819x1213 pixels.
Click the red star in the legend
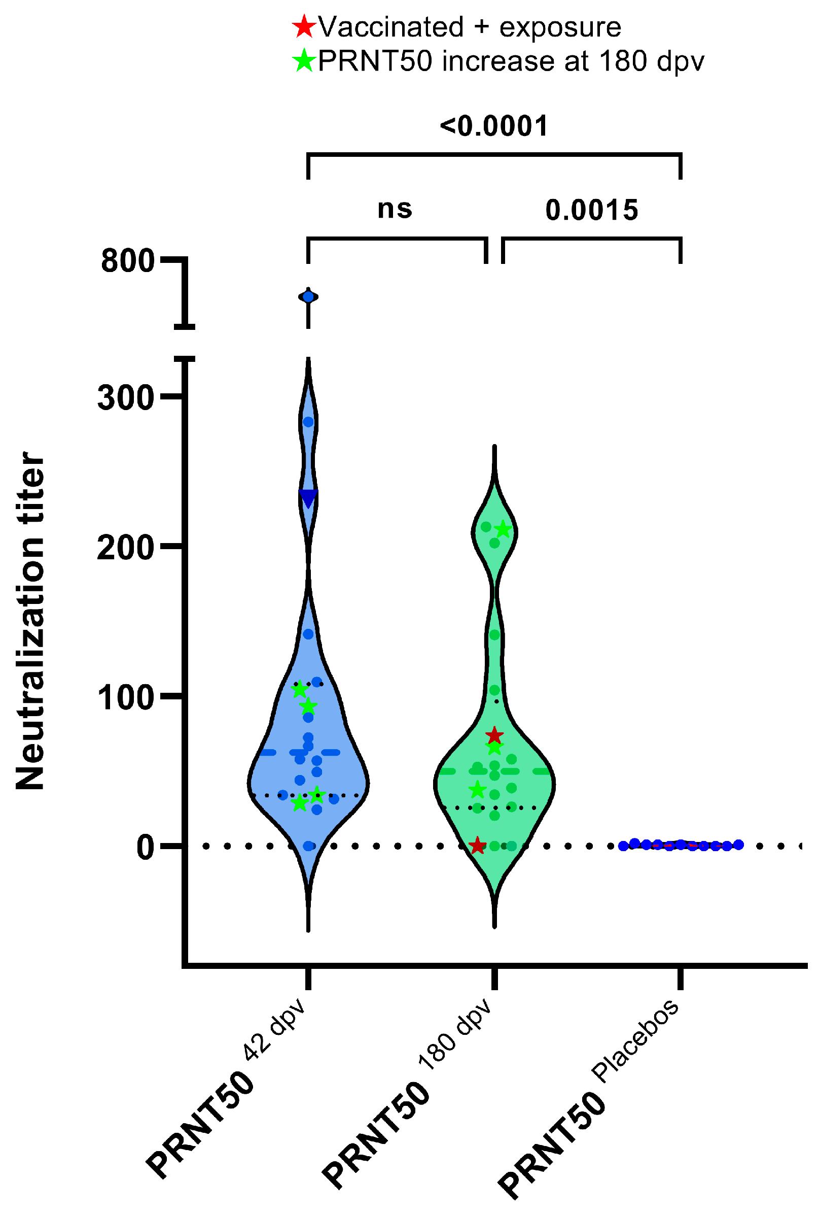pos(304,26)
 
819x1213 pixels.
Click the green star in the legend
pos(304,60)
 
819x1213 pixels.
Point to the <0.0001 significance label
pos(493,126)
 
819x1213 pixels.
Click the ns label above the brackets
pos(395,209)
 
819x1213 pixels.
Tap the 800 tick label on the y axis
pos(128,260)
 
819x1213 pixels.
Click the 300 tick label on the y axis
pos(126,398)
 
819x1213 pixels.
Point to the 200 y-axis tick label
pos(126,548)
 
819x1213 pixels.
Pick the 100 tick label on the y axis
pos(126,698)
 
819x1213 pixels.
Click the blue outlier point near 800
pos(308,297)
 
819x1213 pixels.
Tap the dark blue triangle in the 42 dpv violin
pos(308,498)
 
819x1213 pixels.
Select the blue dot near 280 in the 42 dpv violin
pos(308,422)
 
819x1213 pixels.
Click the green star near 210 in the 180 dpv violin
pos(503,530)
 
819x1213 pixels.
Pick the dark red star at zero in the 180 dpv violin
pos(477,846)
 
